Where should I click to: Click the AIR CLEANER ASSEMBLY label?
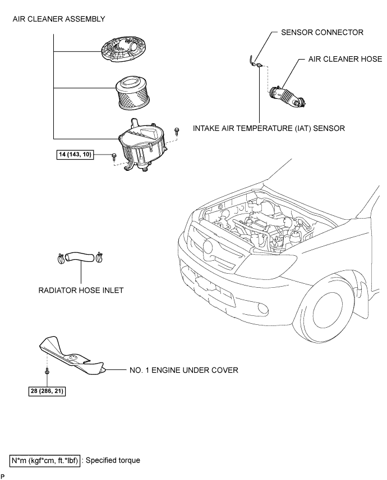59,19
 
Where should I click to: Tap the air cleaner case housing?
142,144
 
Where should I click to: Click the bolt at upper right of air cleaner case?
176,132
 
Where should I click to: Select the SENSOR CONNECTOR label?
322,33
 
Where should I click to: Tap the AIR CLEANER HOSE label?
345,59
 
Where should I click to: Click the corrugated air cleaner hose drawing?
287,97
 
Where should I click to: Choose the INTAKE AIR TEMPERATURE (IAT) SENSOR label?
269,128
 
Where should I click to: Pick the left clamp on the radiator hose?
61,258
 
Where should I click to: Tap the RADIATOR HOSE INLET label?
81,290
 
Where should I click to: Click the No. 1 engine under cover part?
73,356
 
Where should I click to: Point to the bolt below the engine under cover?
47,371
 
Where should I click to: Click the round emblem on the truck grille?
208,246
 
